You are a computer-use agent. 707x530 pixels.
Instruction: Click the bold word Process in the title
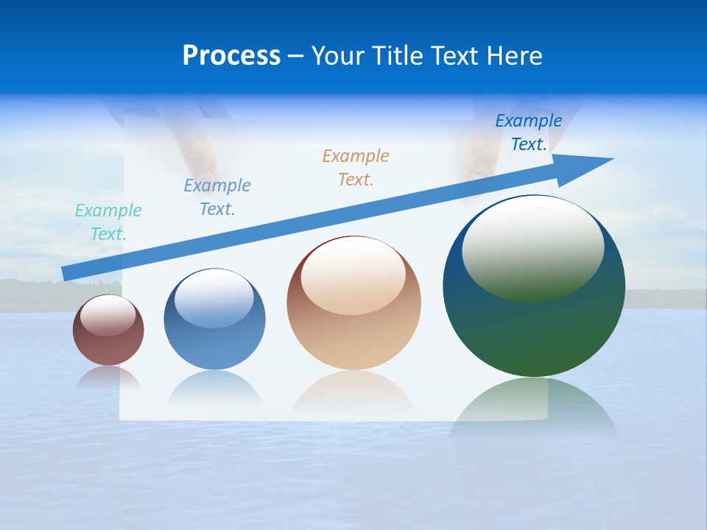pyautogui.click(x=231, y=56)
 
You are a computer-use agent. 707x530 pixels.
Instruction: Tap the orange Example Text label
pyautogui.click(x=356, y=167)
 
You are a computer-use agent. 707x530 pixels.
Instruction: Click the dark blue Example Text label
pyautogui.click(x=528, y=132)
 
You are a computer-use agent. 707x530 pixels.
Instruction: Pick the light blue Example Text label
pyautogui.click(x=217, y=197)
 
